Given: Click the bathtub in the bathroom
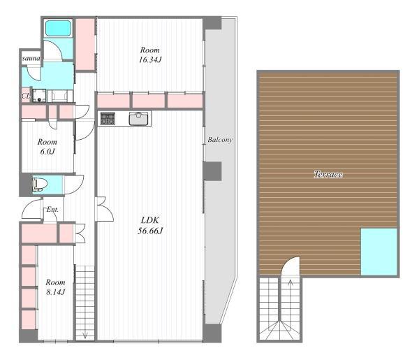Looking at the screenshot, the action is click(x=58, y=28).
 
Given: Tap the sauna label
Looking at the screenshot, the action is click(x=31, y=58).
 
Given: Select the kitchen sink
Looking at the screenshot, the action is click(x=138, y=118).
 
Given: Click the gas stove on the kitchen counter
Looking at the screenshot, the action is click(x=108, y=118).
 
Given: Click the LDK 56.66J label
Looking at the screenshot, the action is click(x=150, y=226).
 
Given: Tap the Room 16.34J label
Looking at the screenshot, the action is click(x=150, y=55).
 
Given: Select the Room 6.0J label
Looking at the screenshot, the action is click(x=47, y=147).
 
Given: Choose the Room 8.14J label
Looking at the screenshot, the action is click(x=55, y=287).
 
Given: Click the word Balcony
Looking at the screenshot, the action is click(x=220, y=140).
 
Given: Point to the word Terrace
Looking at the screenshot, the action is click(x=328, y=174).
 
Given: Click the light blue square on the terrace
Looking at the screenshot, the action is click(x=379, y=252).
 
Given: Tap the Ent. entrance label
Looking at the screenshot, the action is click(x=52, y=210).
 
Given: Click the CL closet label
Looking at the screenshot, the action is click(x=26, y=96).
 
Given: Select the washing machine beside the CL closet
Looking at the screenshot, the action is click(x=39, y=96).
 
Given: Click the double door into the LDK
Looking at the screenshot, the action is click(x=104, y=209).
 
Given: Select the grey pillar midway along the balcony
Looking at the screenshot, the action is click(x=212, y=171).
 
